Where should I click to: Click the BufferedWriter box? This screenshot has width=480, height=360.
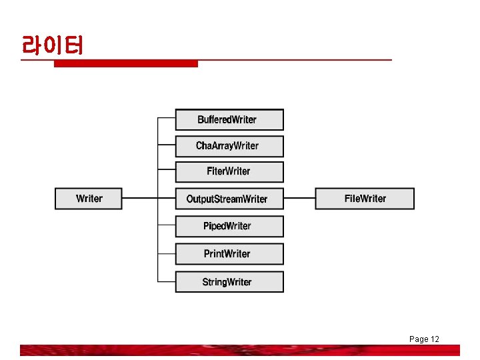tap(229, 119)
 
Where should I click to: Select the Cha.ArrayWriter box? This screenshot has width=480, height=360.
tap(229, 146)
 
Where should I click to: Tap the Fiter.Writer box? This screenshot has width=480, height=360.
tap(229, 172)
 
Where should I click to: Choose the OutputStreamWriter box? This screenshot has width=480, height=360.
tap(229, 199)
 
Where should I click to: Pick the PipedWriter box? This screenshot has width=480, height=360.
tap(229, 226)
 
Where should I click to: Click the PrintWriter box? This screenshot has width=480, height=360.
tap(229, 254)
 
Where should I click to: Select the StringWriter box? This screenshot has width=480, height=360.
tap(229, 282)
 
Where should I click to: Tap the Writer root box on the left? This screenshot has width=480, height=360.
tap(89, 199)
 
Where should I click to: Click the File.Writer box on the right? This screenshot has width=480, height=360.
tap(365, 199)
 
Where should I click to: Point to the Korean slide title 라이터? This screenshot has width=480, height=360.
tap(52, 46)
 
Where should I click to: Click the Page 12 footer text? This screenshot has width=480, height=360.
tap(424, 339)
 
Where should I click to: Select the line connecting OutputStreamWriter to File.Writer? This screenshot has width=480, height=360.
tap(299, 198)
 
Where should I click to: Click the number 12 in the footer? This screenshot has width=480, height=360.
tap(435, 339)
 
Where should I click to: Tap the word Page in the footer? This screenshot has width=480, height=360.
tap(418, 339)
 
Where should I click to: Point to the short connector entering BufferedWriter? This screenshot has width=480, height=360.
tap(166, 119)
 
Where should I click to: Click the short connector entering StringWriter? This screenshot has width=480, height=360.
tap(166, 281)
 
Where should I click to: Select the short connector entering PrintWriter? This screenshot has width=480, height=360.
tap(166, 253)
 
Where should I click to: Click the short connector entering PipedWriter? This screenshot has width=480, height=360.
tap(166, 226)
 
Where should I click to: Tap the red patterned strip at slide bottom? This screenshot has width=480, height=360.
tap(240, 350)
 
